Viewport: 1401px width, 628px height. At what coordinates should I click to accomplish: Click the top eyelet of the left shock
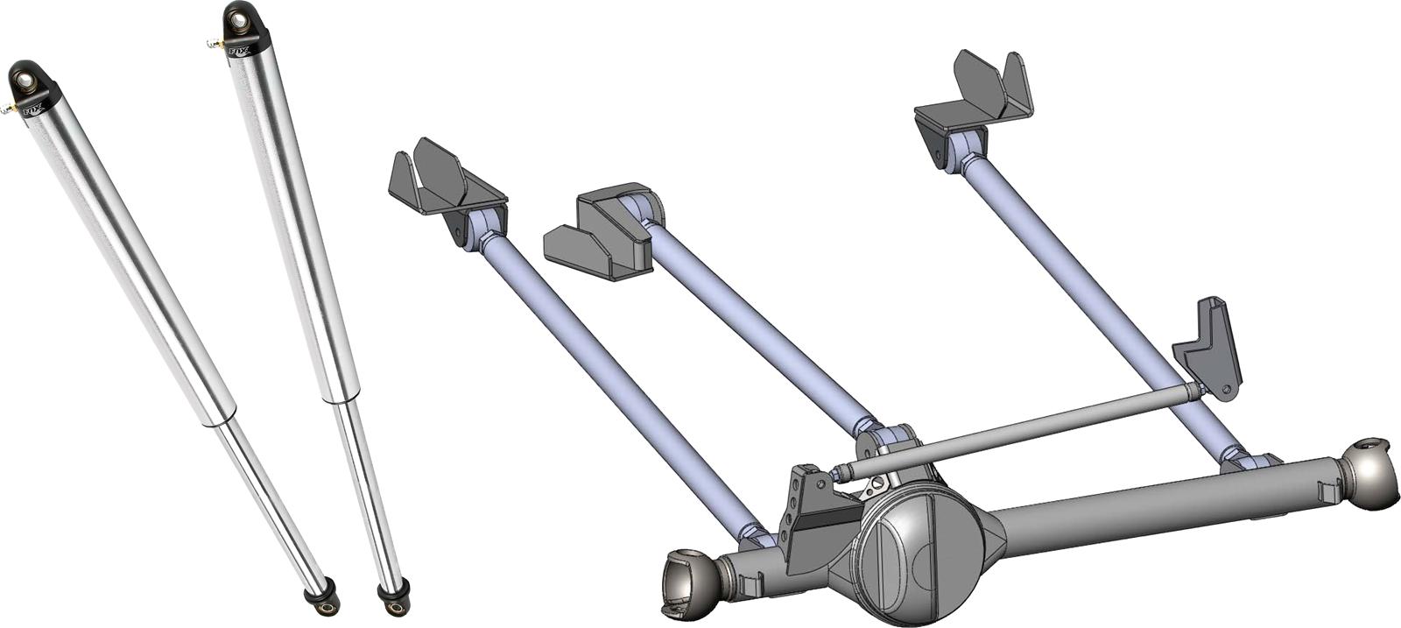coord(25,80)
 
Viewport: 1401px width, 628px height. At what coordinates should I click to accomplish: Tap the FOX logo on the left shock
coord(32,110)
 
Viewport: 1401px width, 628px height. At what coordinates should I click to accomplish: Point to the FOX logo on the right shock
coord(239,51)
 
